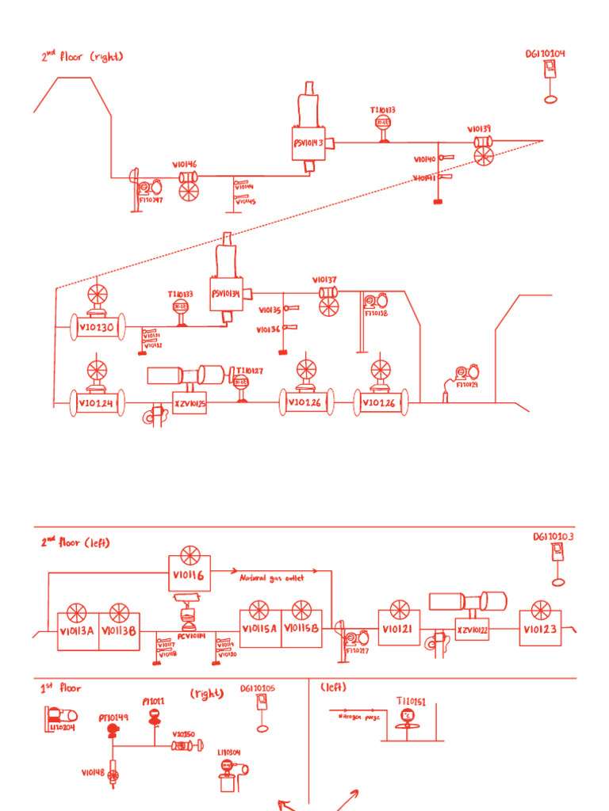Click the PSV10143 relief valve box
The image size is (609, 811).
(308, 143)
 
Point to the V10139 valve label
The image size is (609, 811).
(478, 128)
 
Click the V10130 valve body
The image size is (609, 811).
(97, 327)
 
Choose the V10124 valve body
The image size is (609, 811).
(97, 402)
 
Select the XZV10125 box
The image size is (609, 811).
(190, 403)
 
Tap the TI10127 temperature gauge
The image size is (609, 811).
(241, 383)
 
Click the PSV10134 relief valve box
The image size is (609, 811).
(228, 294)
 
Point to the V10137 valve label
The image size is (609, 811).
(324, 280)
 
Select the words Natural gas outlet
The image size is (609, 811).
(272, 578)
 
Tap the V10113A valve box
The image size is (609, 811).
(77, 631)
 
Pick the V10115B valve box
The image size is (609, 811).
(301, 628)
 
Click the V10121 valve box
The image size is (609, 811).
(398, 628)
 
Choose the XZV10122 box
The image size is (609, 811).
(473, 630)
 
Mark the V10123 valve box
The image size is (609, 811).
(541, 630)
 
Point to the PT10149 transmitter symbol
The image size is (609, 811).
(113, 728)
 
